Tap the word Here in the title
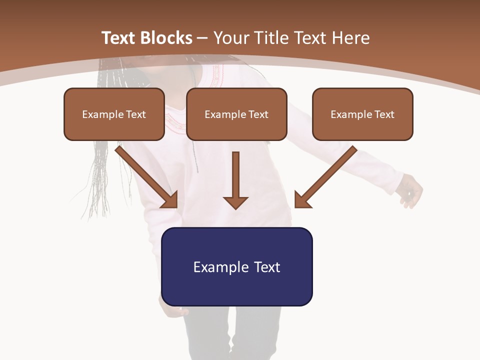(351, 38)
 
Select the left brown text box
(114, 114)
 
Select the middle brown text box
(236, 114)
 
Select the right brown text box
(362, 114)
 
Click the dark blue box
(236, 266)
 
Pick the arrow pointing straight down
(235, 177)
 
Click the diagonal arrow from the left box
(145, 175)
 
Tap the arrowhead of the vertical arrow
(235, 202)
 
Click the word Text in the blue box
(267, 267)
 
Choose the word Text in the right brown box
(384, 114)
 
